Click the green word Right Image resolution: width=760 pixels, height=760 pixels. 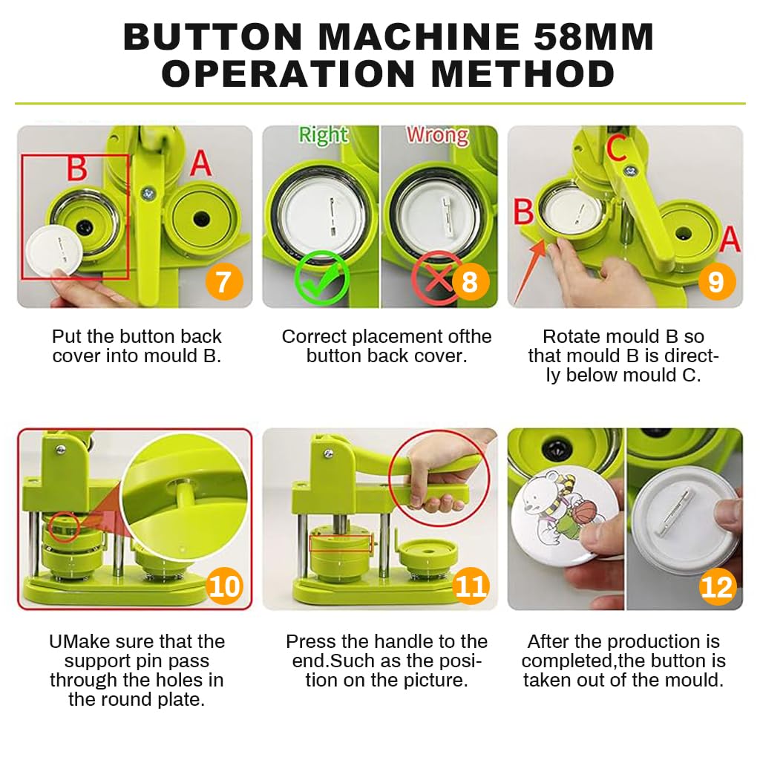tap(323, 135)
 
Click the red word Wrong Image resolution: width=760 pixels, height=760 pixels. tap(437, 135)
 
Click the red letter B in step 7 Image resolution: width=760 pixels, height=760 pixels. tap(77, 168)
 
